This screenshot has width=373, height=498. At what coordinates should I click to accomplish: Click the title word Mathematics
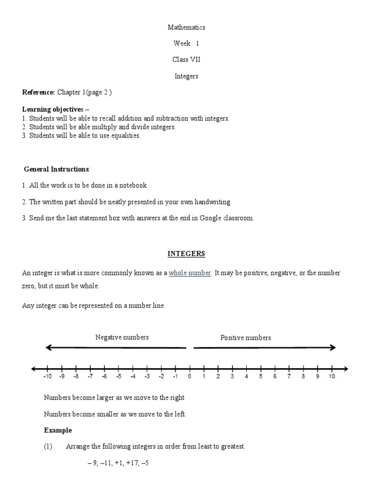[x=186, y=28]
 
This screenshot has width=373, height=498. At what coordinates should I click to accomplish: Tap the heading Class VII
[x=186, y=60]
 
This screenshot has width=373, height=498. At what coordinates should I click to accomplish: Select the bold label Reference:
[x=39, y=92]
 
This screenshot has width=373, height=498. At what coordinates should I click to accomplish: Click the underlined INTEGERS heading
[x=186, y=254]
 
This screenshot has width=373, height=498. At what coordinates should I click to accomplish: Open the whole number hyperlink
[x=190, y=273]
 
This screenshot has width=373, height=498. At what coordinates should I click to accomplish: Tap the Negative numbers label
[x=122, y=337]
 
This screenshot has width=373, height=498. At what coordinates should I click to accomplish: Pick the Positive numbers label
[x=246, y=338]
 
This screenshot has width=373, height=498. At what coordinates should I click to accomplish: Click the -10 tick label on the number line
[x=47, y=376]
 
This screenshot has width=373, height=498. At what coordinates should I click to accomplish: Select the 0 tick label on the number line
[x=189, y=376]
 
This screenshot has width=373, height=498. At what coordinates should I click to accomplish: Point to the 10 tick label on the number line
[x=332, y=376]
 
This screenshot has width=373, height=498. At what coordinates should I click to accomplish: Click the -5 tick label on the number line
[x=118, y=376]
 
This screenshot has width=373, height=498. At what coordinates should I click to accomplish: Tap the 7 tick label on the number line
[x=289, y=376]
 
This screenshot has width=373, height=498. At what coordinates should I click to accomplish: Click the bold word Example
[x=58, y=430]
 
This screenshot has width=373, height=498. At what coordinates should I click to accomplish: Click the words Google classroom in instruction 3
[x=230, y=218]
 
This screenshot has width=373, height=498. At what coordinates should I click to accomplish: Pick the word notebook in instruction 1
[x=133, y=185]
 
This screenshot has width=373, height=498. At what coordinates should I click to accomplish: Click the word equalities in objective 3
[x=125, y=136]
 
